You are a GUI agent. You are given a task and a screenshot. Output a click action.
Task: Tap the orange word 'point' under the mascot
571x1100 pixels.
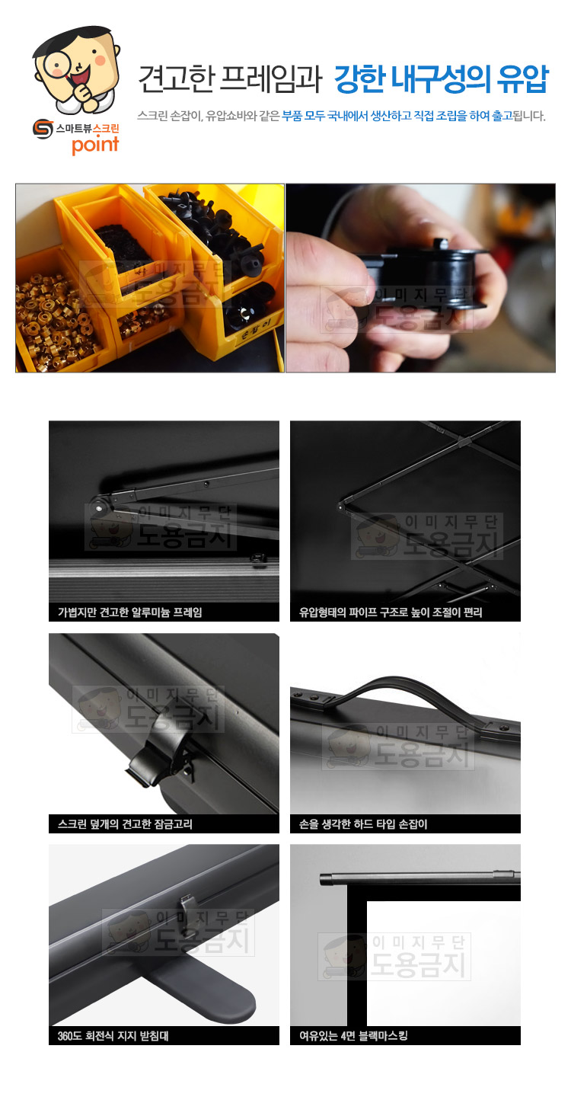pos(95,145)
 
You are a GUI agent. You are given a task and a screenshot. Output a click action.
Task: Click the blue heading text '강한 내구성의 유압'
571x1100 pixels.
pos(441,79)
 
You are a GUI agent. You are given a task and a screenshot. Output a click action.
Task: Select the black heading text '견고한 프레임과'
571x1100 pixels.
pos(230,79)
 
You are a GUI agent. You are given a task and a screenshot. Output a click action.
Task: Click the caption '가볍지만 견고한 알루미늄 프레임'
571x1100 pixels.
pos(130,612)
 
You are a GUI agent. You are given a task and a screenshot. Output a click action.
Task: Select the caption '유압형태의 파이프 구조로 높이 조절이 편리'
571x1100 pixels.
pos(391,612)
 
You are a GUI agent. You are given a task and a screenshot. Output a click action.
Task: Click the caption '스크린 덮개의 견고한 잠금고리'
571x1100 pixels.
pos(125,824)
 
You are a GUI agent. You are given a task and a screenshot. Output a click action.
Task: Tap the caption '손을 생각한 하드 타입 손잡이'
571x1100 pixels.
pos(363,824)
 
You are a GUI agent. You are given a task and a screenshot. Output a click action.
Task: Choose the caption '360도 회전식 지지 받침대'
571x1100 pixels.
pos(113,1036)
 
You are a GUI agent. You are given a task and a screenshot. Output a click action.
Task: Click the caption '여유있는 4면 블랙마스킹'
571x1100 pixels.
pos(353,1036)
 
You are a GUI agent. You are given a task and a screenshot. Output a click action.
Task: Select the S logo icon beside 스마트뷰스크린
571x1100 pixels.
pos(43,130)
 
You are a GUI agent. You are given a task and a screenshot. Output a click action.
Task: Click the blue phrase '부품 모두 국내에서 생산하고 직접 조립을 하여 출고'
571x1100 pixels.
pos(397,116)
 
